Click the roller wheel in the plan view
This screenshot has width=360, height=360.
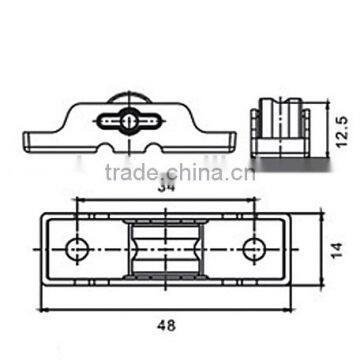164,246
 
